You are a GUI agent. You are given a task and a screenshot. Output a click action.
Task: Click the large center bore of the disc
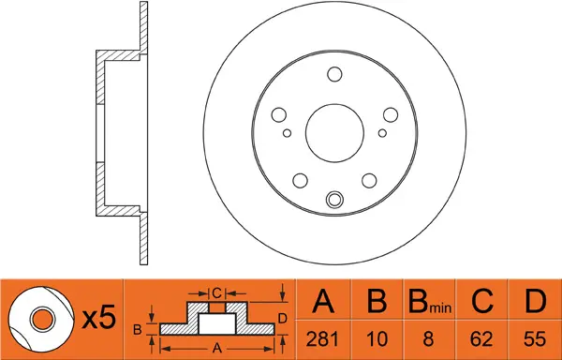tap(334, 133)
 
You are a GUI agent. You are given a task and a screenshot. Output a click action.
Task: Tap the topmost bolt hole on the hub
tap(334, 74)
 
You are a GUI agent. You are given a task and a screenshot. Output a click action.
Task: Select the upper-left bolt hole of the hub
tap(279, 114)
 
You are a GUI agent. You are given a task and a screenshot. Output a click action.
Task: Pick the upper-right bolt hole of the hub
tap(391, 114)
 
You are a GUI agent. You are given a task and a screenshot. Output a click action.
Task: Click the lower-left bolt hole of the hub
tap(301, 181)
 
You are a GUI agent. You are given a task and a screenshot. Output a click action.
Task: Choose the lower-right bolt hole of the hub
tap(369, 181)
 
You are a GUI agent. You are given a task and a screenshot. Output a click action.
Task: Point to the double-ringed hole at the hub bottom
tap(334, 200)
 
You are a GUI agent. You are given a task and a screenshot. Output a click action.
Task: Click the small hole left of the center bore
tap(287, 133)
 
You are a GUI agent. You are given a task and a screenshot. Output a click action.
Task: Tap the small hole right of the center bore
tap(382, 133)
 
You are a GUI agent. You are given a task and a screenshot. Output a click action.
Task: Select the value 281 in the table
tap(322, 338)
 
